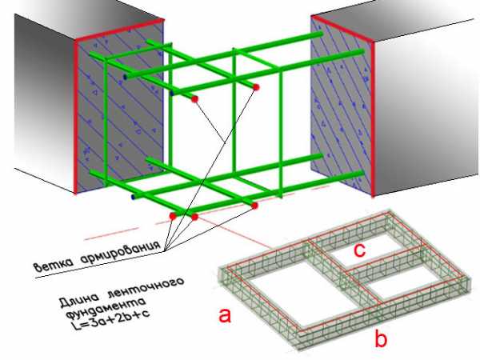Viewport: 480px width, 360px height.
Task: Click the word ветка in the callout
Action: (x=54, y=264)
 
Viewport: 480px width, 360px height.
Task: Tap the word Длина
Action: (x=80, y=298)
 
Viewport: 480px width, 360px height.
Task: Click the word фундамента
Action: (x=106, y=307)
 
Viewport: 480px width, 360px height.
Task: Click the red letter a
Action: (x=225, y=315)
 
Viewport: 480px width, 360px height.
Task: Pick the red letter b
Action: (x=381, y=338)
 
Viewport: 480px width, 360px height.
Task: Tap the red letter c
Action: (x=359, y=250)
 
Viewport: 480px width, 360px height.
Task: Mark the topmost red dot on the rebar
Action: (x=256, y=87)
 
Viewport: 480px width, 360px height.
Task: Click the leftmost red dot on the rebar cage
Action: (x=173, y=216)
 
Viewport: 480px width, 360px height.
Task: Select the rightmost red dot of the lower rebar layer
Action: (x=254, y=206)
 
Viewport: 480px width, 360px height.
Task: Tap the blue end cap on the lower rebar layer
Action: (x=133, y=197)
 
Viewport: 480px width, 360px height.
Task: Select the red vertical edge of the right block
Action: (x=373, y=118)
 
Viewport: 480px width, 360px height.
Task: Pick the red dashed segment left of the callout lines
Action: (x=111, y=234)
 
